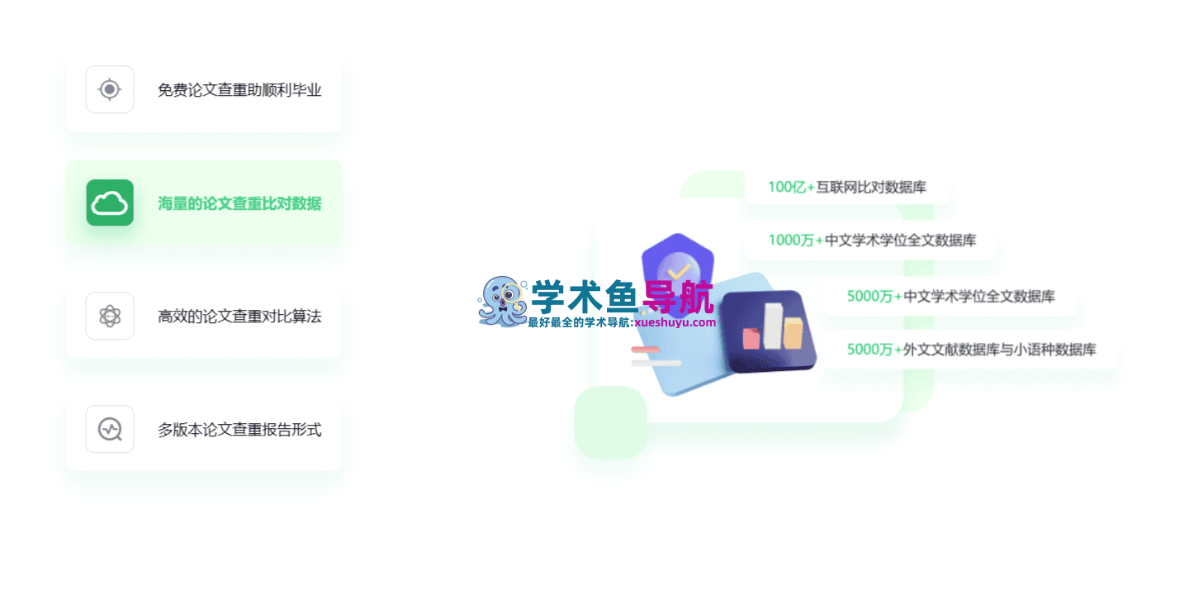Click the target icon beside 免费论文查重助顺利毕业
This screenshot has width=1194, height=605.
pyautogui.click(x=110, y=89)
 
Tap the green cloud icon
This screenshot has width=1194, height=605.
pyautogui.click(x=110, y=202)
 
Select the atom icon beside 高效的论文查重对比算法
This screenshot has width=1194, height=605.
pyautogui.click(x=110, y=316)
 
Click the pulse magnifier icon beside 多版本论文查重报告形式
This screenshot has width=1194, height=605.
pyautogui.click(x=110, y=429)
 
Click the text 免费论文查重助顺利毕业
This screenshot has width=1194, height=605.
pyautogui.click(x=239, y=89)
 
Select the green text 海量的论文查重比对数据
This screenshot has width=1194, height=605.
pyautogui.click(x=239, y=203)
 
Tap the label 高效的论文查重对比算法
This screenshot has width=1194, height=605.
pyautogui.click(x=239, y=317)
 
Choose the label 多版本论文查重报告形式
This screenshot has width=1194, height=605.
pyautogui.click(x=239, y=430)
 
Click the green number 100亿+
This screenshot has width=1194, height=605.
pyautogui.click(x=791, y=187)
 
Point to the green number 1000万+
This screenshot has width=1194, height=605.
pyautogui.click(x=796, y=240)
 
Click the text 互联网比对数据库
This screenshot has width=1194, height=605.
pyautogui.click(x=871, y=187)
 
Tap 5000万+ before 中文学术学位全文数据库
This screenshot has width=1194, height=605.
pyautogui.click(x=874, y=296)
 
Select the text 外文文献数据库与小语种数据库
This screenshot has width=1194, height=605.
pyautogui.click(x=999, y=350)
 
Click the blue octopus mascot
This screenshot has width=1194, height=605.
pyautogui.click(x=502, y=302)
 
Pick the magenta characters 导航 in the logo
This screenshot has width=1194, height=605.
pyautogui.click(x=678, y=297)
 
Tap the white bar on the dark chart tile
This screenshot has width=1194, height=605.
pyautogui.click(x=773, y=326)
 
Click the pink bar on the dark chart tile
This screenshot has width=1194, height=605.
pyautogui.click(x=751, y=339)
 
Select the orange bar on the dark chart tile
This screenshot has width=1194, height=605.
pyautogui.click(x=793, y=333)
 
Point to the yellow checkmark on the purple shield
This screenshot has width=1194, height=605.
pyautogui.click(x=678, y=273)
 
